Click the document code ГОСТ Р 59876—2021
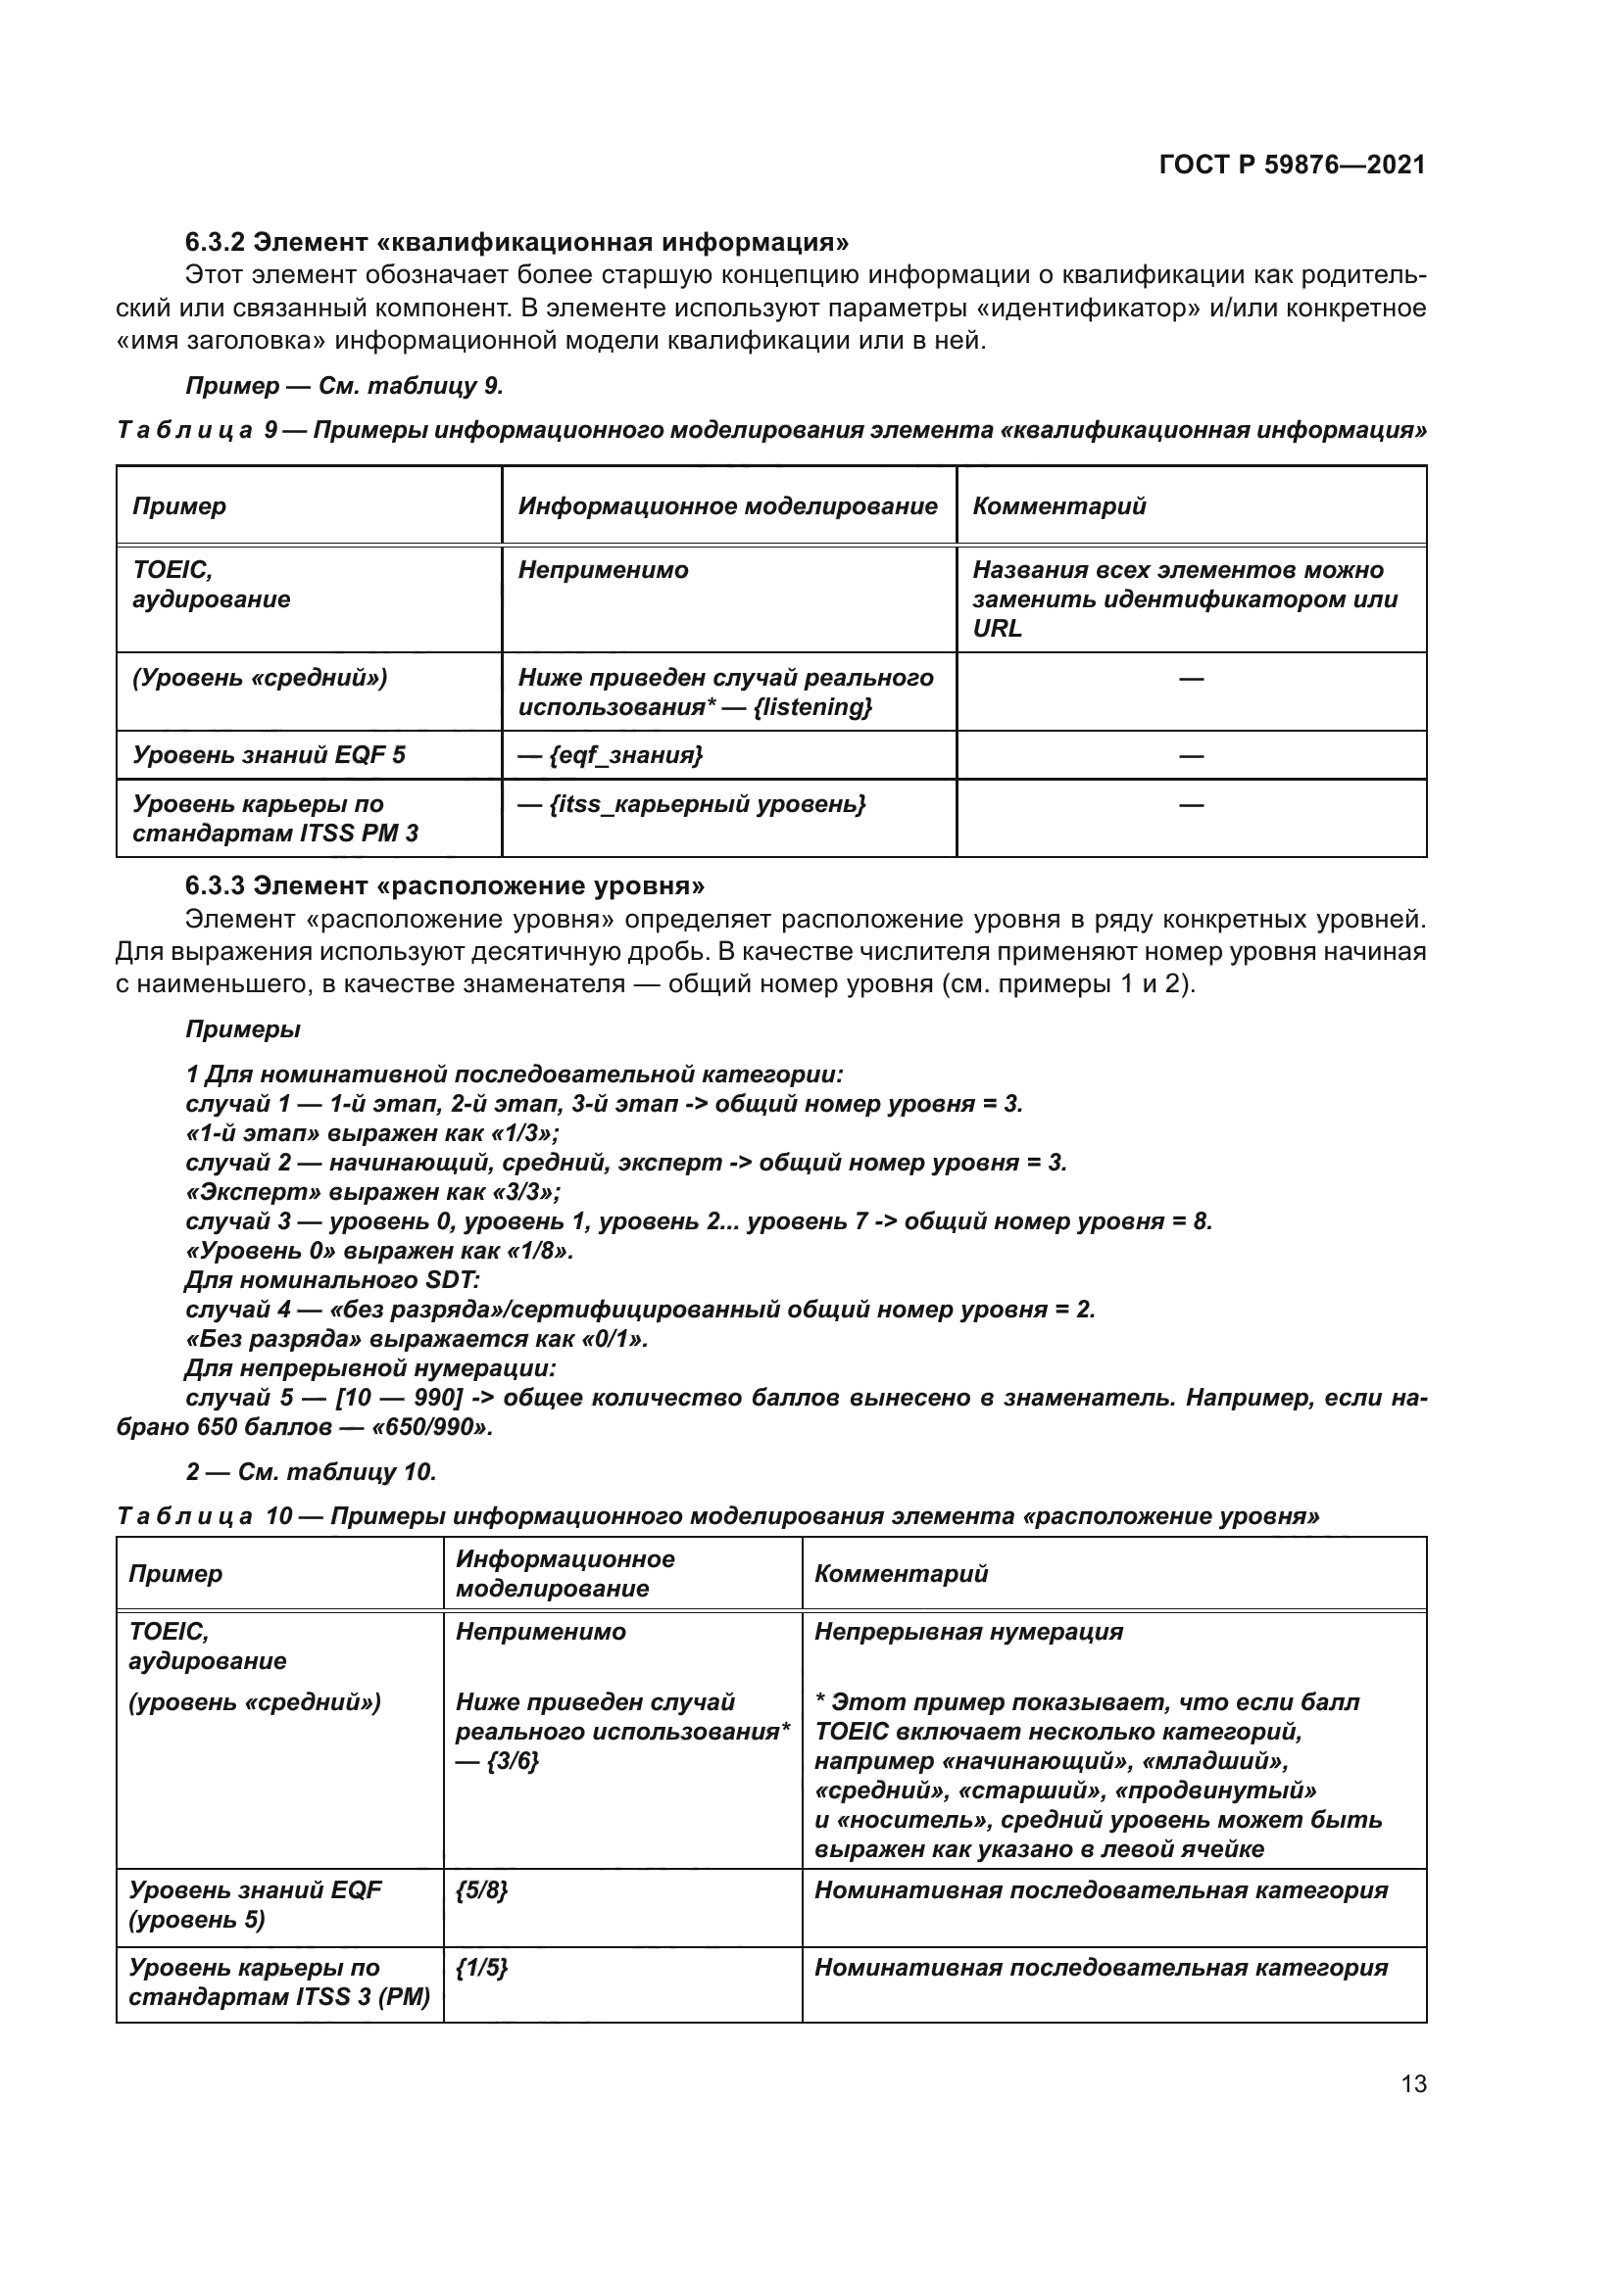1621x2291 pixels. pyautogui.click(x=1292, y=165)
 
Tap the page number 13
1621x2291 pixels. pyautogui.click(x=1413, y=2083)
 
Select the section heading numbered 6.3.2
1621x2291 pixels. pyautogui.click(x=517, y=243)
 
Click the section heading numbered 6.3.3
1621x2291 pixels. pyautogui.click(x=445, y=886)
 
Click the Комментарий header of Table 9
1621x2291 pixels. pyautogui.click(x=1059, y=505)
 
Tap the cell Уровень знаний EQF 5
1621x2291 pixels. pyautogui.click(x=269, y=755)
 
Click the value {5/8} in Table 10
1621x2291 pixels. pyautogui.click(x=481, y=1889)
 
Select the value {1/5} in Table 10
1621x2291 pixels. pyautogui.click(x=481, y=1968)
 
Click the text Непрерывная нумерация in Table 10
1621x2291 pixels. pyautogui.click(x=968, y=1632)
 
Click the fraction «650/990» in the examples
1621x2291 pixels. pyautogui.click(x=431, y=1427)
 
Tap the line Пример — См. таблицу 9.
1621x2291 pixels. pyautogui.click(x=344, y=386)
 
